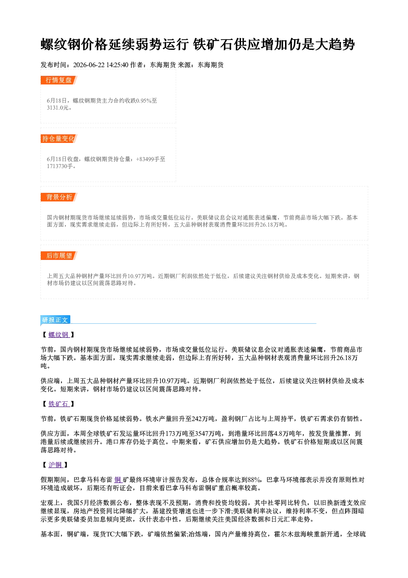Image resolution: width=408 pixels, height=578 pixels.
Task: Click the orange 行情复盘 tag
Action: (59, 80)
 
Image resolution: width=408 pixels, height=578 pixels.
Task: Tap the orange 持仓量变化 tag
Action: (59, 138)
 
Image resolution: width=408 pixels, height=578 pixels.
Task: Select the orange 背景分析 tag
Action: (59, 197)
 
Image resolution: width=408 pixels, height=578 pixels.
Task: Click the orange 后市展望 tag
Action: (59, 256)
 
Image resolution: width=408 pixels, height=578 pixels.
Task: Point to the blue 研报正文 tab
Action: (55, 320)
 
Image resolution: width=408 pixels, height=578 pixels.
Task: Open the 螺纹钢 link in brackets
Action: (59, 335)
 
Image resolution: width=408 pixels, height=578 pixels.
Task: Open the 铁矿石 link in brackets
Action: (59, 404)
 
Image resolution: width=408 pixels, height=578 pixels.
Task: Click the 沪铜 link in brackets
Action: (56, 465)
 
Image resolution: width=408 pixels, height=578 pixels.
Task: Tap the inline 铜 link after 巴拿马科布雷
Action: (118, 480)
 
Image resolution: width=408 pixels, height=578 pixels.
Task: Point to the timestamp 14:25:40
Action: (117, 65)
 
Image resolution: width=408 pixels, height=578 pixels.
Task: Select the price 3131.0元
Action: (58, 108)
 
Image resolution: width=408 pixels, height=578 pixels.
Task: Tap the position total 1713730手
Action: (60, 166)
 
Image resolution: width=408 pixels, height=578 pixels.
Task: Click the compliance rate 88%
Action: (254, 480)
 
